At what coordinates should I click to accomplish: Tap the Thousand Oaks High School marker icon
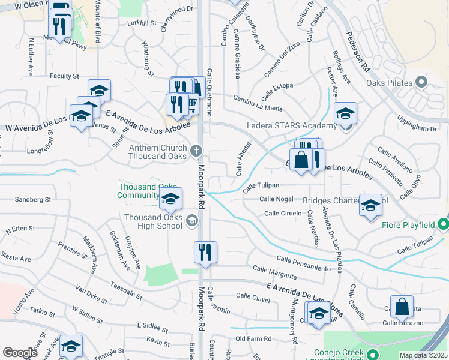(x=191, y=221)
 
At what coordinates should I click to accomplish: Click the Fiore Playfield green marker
(x=443, y=225)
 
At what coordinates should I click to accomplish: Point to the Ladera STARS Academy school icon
(x=345, y=113)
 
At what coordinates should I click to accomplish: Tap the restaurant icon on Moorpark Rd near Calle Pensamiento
(x=205, y=251)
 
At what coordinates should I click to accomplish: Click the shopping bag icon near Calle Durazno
(x=402, y=307)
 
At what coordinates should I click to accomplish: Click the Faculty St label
(x=64, y=76)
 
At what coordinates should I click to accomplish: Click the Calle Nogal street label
(x=276, y=199)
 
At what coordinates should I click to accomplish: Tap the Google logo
(x=20, y=353)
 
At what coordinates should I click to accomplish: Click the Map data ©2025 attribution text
(x=423, y=355)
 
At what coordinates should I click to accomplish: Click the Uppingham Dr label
(x=417, y=128)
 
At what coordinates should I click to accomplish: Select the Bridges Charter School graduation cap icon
(x=370, y=205)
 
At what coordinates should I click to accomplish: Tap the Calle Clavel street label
(x=250, y=296)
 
